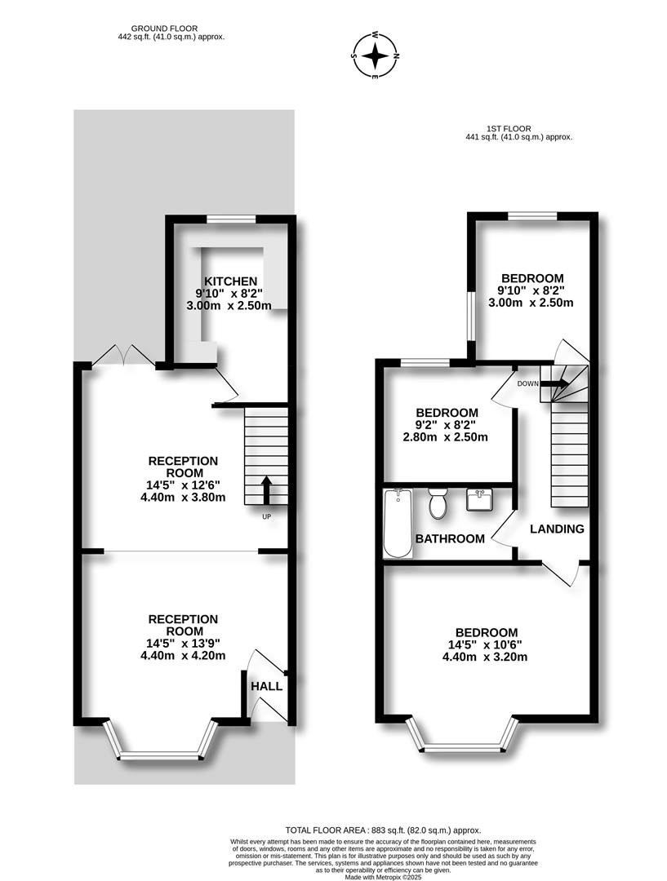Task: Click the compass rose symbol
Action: [x=375, y=55]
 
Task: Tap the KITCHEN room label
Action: [x=230, y=281]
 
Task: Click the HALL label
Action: [x=267, y=686]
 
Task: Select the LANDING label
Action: [x=557, y=529]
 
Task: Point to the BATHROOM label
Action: [x=450, y=539]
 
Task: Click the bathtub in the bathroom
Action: [x=398, y=523]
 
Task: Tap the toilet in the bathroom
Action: [x=437, y=502]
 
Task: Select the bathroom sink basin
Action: [x=480, y=499]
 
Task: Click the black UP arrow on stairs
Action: [x=267, y=490]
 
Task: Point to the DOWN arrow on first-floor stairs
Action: [x=554, y=383]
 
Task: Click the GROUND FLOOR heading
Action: [x=164, y=29]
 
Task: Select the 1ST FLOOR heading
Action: [x=509, y=129]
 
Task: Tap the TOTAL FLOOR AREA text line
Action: [x=383, y=830]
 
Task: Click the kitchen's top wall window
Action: [x=230, y=219]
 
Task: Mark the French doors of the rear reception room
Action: [x=124, y=356]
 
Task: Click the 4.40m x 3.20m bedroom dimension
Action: [x=485, y=656]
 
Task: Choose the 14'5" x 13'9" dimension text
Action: [x=184, y=644]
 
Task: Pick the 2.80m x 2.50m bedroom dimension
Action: [x=446, y=436]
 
